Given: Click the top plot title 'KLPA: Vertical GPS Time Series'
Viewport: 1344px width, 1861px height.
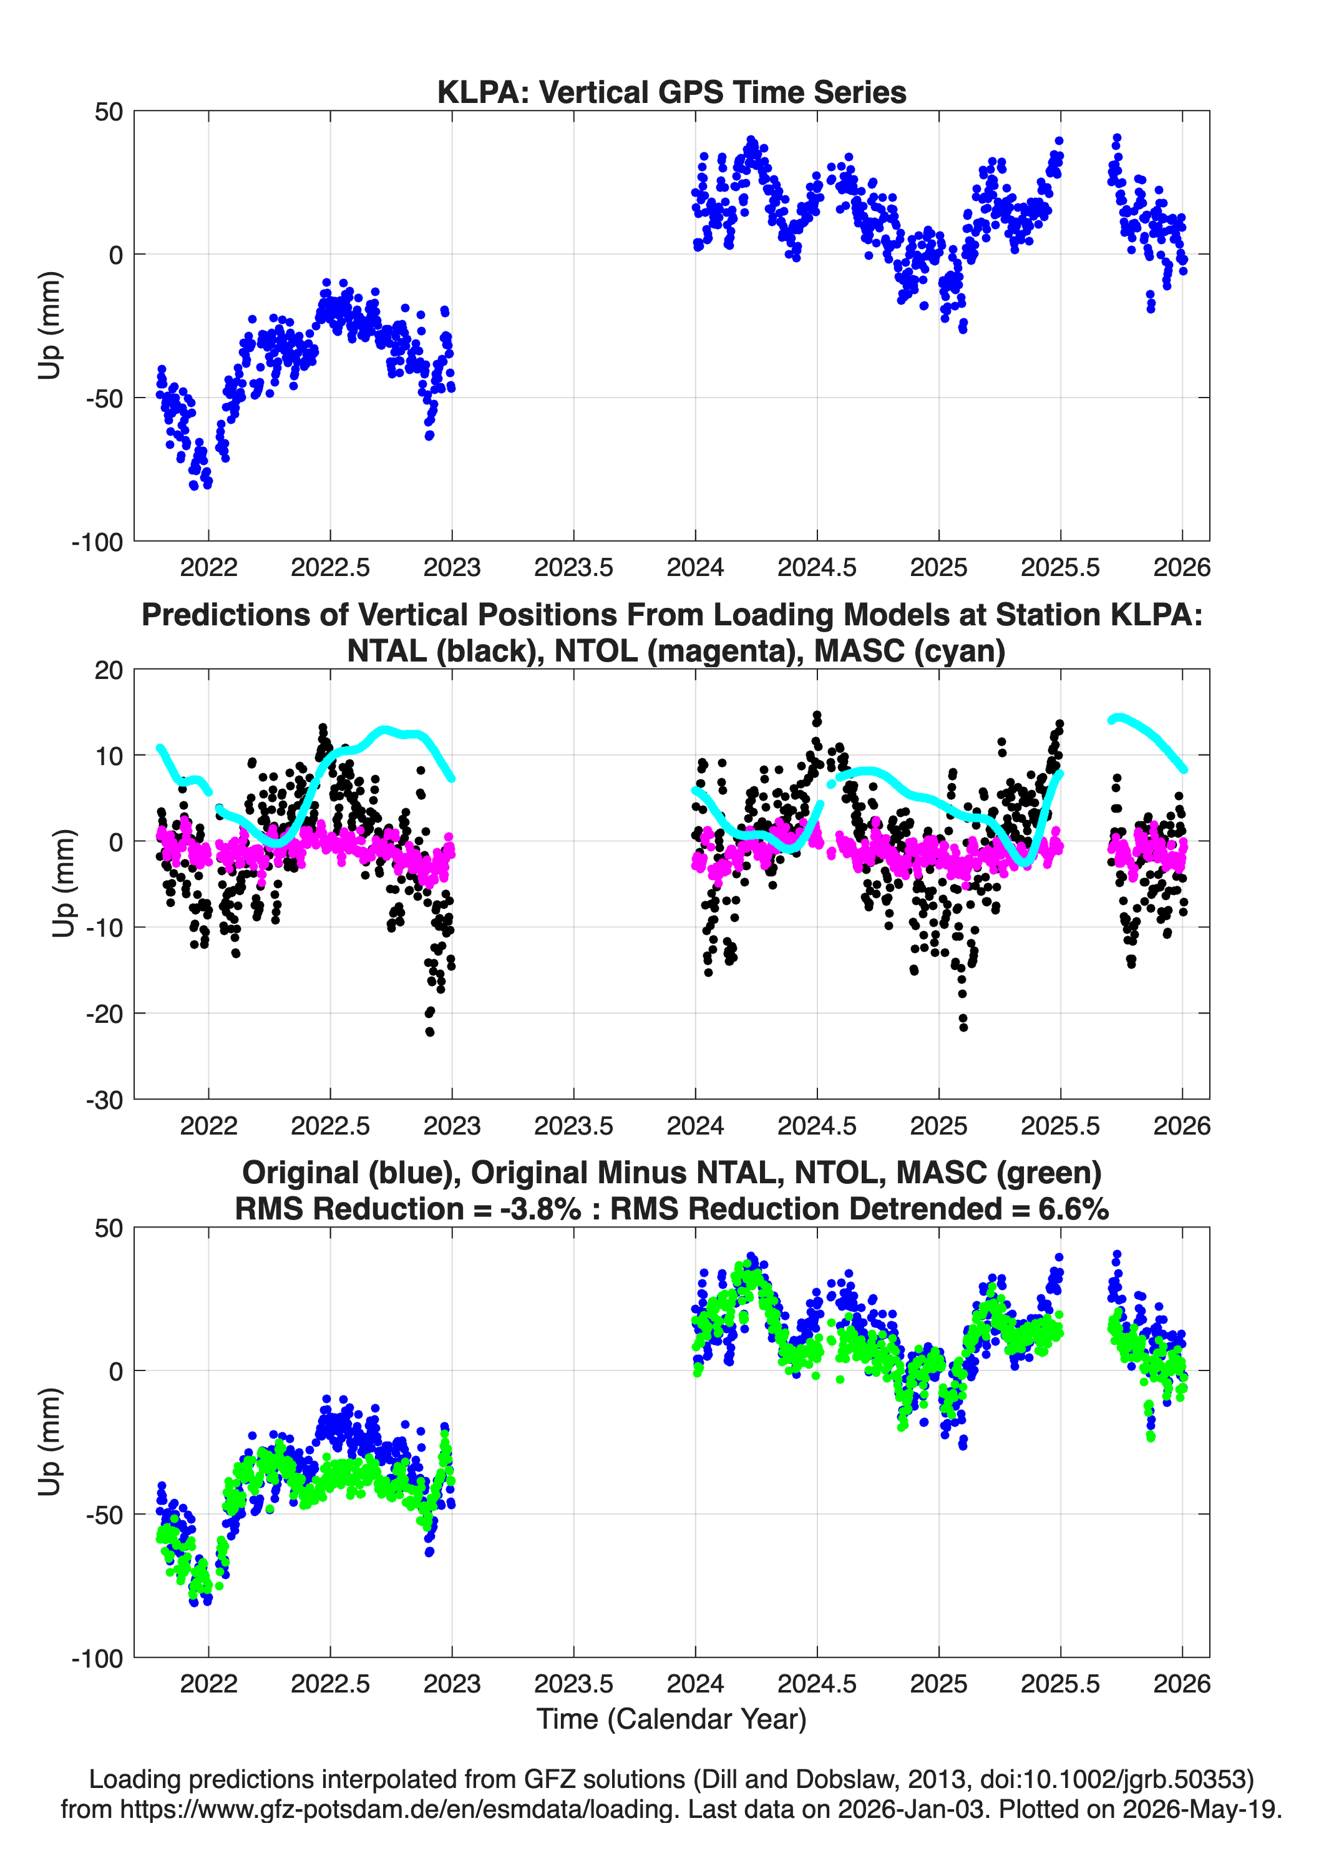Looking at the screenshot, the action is pos(671,92).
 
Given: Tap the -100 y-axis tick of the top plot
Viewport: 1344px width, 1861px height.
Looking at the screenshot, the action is pos(97,542).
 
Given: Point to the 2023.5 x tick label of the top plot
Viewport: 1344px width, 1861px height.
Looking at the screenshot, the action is pos(573,567).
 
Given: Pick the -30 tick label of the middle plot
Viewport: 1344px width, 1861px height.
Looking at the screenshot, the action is pos(105,1100).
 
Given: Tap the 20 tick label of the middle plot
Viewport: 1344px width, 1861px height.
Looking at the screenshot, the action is pos(109,670).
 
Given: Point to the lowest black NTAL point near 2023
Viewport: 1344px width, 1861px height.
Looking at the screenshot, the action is pos(430,1032).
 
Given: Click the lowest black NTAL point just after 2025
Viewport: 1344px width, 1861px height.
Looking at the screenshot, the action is pos(963,1027).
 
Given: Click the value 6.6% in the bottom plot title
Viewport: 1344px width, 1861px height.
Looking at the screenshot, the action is pos(1073,1209).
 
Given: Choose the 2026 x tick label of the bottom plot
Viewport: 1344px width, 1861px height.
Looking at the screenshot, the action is pos(1182,1683).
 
